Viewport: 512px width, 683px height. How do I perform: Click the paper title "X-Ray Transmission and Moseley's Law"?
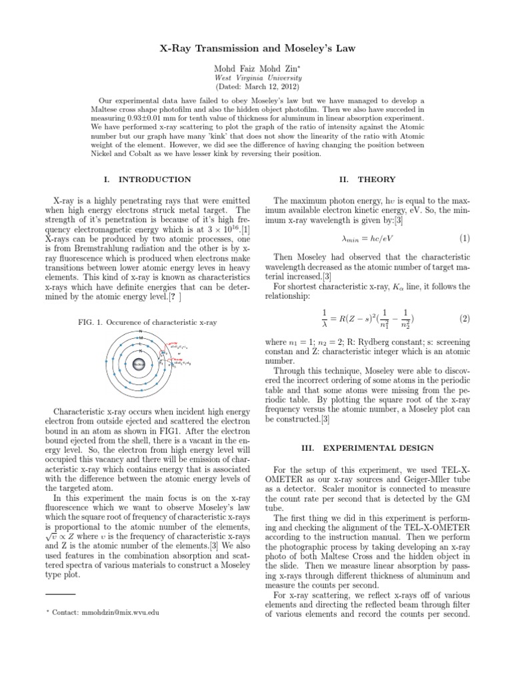(255, 50)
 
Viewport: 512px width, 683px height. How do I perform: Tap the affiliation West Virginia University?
(256, 77)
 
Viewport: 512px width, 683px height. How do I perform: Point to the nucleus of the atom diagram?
(140, 364)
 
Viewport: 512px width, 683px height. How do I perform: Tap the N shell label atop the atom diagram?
(140, 331)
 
